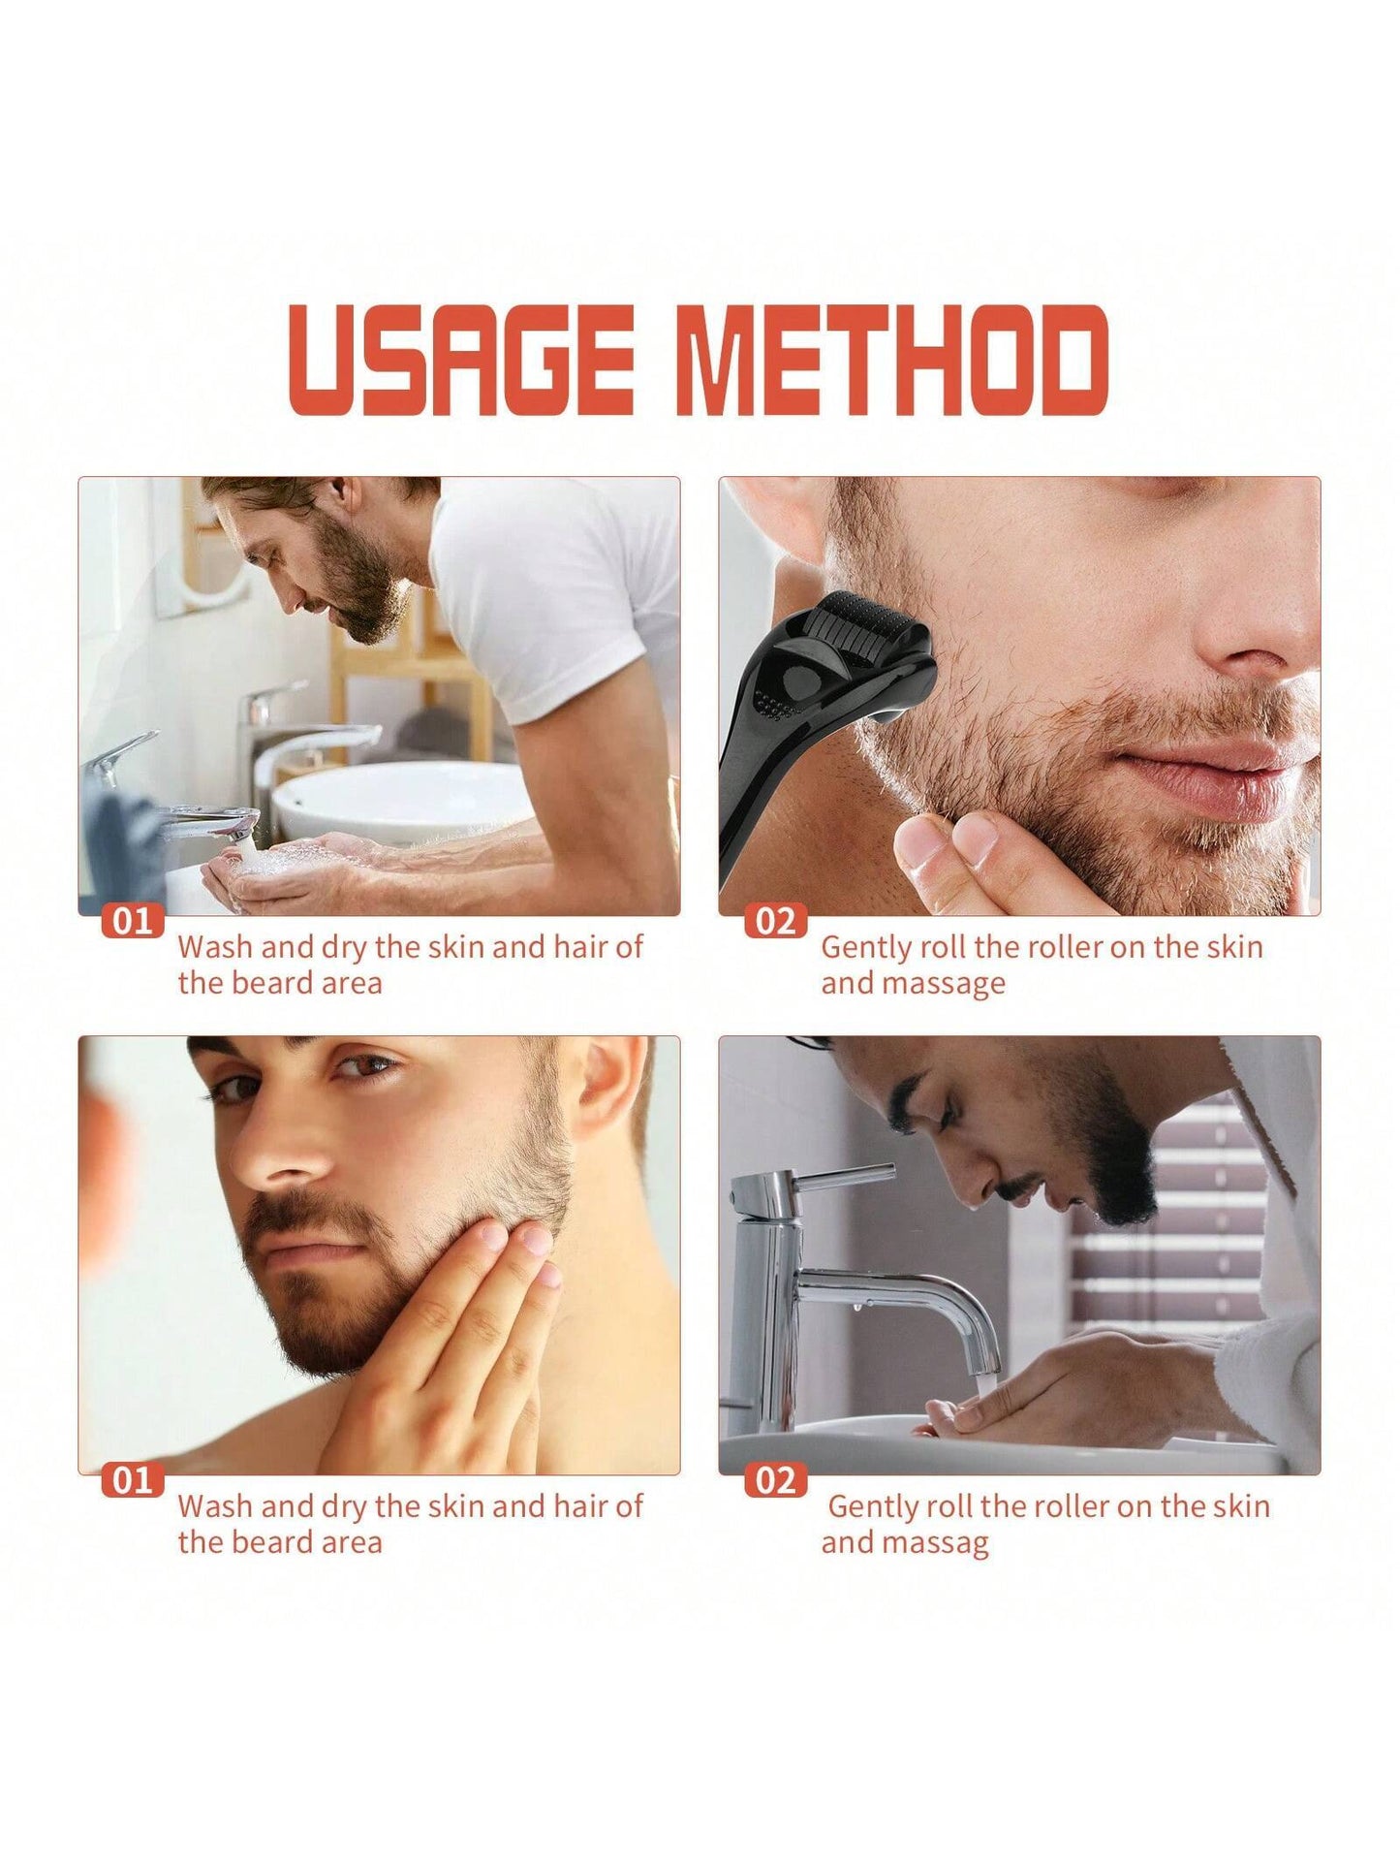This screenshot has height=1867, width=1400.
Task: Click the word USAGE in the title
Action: click(461, 360)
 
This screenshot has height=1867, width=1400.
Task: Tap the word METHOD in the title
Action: click(896, 360)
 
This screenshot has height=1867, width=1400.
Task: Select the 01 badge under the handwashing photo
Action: click(132, 920)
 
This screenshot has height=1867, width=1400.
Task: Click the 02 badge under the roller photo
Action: click(774, 920)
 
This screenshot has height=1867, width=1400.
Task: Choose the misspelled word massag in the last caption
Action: click(905, 1542)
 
